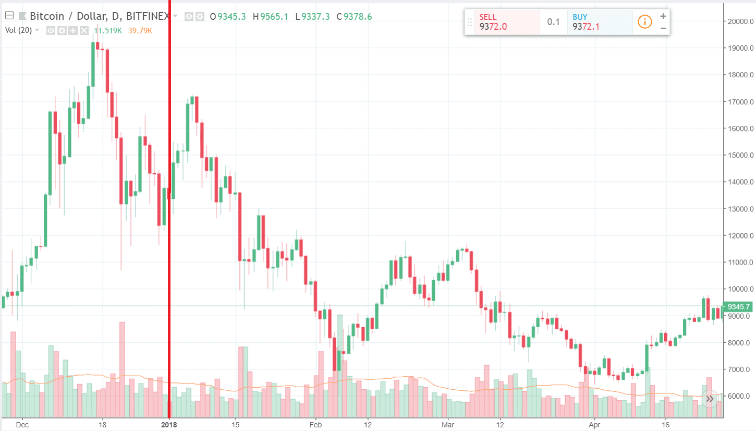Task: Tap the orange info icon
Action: (x=645, y=22)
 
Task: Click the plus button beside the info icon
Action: (x=663, y=16)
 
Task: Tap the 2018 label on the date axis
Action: (x=169, y=425)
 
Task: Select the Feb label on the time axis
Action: (x=314, y=425)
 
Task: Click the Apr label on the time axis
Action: (x=594, y=425)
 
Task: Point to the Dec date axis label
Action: (x=22, y=425)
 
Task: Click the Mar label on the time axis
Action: (x=448, y=425)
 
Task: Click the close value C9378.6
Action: (x=354, y=16)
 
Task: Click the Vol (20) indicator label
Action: (x=19, y=30)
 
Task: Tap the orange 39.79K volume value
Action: (x=141, y=30)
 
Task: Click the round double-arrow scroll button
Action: (x=710, y=400)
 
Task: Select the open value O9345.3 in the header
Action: (x=228, y=16)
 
